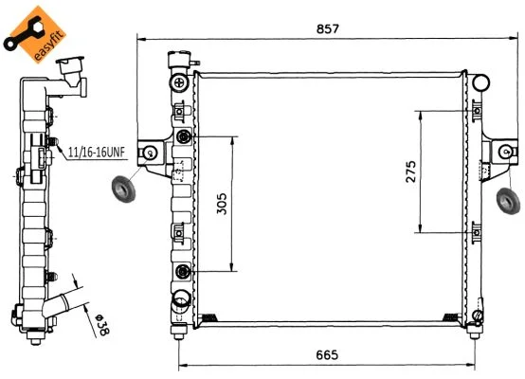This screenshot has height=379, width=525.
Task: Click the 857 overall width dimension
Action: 328,28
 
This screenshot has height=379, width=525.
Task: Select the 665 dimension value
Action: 327,355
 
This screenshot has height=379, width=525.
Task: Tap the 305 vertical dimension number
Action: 222,204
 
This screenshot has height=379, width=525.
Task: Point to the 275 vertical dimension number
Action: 411,171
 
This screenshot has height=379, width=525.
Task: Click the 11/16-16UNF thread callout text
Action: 97,153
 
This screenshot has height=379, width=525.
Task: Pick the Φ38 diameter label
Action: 102,324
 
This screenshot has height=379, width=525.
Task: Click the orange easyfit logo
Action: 35,33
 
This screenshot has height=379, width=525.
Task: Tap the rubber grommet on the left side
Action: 123,189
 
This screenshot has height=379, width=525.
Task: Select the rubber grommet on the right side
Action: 508,201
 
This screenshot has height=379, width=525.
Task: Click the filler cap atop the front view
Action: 179,59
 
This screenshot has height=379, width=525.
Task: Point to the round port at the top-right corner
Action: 481,82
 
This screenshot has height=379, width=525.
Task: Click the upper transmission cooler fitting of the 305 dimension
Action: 183,136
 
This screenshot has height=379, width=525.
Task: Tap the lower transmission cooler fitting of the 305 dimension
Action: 183,271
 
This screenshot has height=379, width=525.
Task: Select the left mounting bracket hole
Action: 151,153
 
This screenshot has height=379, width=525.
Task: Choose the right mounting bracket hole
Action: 506,153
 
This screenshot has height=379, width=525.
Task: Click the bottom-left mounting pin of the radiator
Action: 178,332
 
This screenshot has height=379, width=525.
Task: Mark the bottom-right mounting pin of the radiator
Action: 475,332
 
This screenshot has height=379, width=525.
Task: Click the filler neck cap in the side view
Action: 70,66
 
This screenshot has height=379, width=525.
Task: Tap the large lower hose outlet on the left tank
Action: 181,299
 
